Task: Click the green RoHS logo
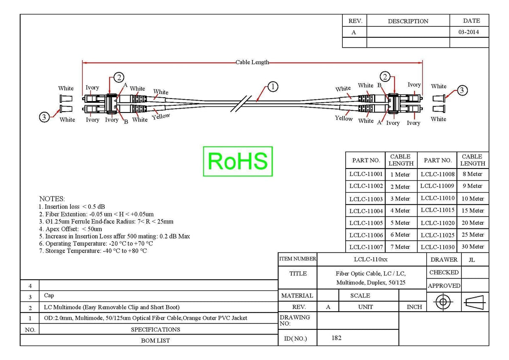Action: coord(238,161)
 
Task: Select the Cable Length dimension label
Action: coord(252,62)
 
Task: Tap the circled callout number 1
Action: coord(273,87)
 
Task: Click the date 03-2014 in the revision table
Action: coord(469,32)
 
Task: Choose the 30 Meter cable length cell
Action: coord(473,247)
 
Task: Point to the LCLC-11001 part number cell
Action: coord(366,174)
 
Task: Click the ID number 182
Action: coord(336,338)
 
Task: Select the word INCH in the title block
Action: coord(414,307)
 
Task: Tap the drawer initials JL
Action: coord(472,260)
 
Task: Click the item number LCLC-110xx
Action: coord(371,259)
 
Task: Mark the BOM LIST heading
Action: coord(155,340)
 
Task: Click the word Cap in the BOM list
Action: coord(49,295)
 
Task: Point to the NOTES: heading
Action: coord(52,199)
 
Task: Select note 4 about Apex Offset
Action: coord(70,229)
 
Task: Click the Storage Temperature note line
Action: coord(93,251)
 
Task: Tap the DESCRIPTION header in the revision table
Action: coord(408,21)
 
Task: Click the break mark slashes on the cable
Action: coord(241,104)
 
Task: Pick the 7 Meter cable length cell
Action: coord(400,247)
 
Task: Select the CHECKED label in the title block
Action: coord(444,273)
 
